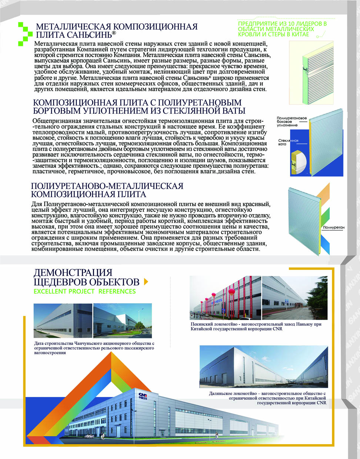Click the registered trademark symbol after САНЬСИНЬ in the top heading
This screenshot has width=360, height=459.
(114, 33)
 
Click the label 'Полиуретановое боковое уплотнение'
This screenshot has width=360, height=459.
(291, 122)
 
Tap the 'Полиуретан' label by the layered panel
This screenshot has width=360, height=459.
(333, 227)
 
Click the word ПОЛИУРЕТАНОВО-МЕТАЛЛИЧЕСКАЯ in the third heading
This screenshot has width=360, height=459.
(107, 186)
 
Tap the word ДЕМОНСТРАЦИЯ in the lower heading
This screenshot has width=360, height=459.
(73, 273)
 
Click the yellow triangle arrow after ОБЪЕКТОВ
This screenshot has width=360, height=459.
(146, 282)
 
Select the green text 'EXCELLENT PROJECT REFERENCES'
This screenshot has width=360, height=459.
(84, 291)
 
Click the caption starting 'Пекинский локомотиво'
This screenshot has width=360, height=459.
(256, 326)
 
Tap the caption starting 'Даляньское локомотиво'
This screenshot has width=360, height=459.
(268, 398)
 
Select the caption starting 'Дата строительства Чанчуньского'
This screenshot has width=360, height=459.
(94, 348)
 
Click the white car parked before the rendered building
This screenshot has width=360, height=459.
(90, 437)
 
